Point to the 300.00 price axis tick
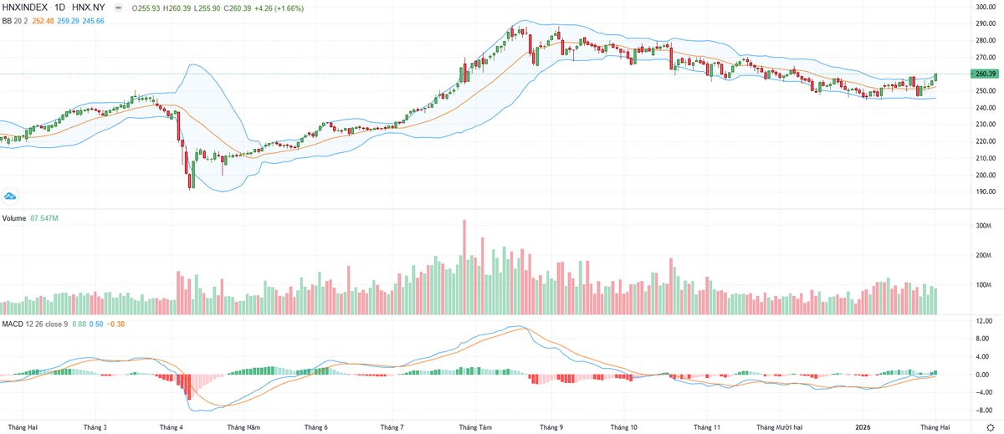[x=984, y=8]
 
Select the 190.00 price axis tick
[x=984, y=191]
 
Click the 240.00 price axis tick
[x=984, y=108]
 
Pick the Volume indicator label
[x=14, y=217]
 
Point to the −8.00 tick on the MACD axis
[x=982, y=411]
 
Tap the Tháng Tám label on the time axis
[x=474, y=426]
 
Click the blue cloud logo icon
[x=11, y=197]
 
